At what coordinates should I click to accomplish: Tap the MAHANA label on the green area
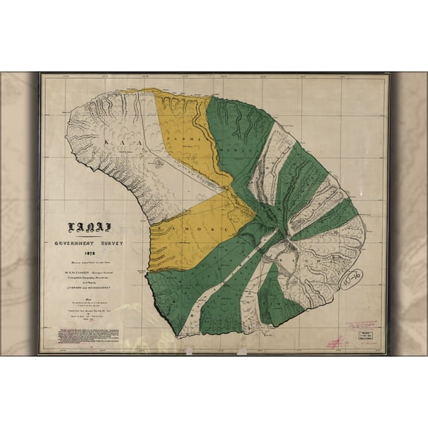(236, 148)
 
